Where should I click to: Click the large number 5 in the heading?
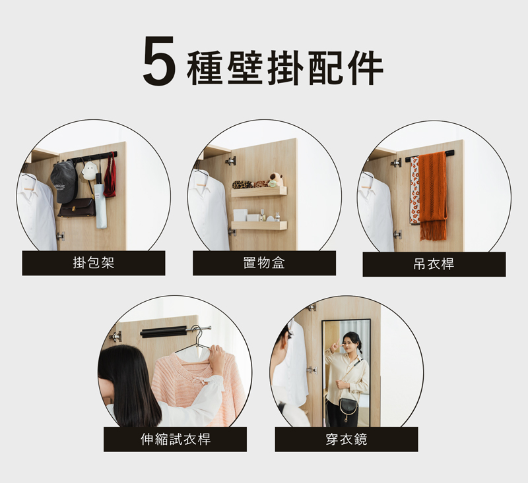tap(159, 61)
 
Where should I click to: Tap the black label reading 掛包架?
tap(94, 263)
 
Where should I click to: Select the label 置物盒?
tap(264, 263)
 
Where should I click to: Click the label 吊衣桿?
tap(434, 264)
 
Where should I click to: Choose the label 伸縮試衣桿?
tap(175, 440)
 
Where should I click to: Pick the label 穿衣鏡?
tap(346, 440)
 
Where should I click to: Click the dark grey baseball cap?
tap(64, 181)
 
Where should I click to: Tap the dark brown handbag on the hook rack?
tap(77, 208)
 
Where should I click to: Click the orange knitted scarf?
tap(433, 196)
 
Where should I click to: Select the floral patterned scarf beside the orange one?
tap(414, 190)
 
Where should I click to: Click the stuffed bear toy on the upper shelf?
tap(277, 180)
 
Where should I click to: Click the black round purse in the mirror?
tap(348, 407)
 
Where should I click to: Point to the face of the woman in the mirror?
tap(349, 343)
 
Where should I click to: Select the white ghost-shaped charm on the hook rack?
tap(88, 171)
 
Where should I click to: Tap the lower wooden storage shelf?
tap(259, 225)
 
